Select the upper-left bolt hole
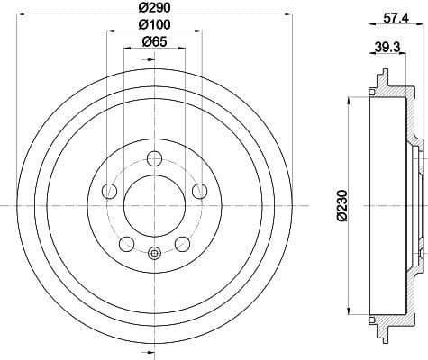tap(109, 191)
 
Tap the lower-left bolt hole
tap(126, 243)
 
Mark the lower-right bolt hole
tap(182, 243)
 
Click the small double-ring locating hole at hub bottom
tap(154, 254)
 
